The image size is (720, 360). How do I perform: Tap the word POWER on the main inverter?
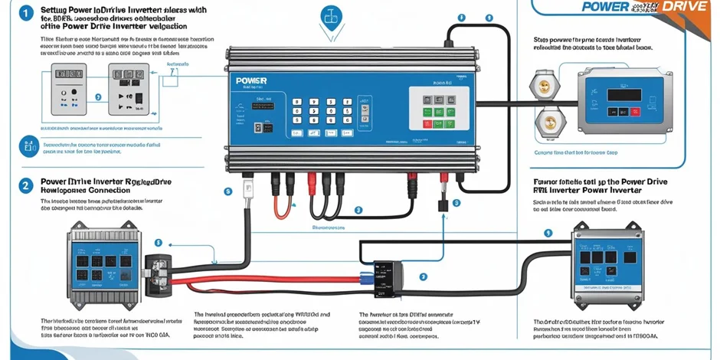point(251,80)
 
